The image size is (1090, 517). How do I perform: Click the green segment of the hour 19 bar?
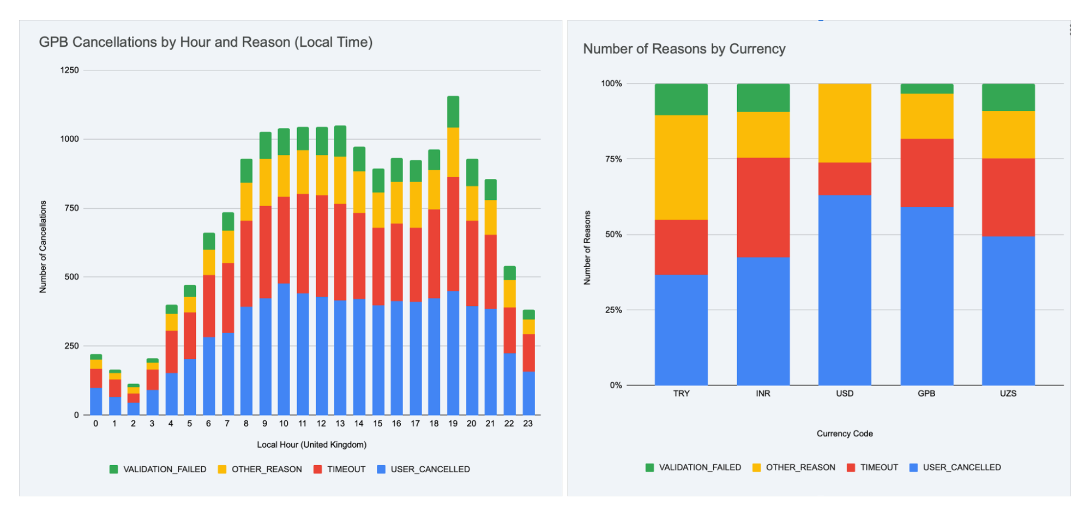point(453,112)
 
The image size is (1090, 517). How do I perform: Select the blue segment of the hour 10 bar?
point(284,349)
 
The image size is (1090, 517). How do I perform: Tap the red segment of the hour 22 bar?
point(509,330)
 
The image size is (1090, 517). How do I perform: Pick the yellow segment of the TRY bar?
point(681,167)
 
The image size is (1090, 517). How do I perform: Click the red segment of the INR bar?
point(763,207)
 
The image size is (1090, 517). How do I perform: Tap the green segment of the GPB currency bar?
point(926,88)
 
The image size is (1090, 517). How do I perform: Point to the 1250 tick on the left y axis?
point(69,70)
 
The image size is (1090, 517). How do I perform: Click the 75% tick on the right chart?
point(611,159)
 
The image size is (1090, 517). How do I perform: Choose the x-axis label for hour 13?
point(340,424)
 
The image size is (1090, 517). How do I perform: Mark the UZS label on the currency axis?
point(1008,394)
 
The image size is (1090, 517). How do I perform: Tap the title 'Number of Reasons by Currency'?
point(684,49)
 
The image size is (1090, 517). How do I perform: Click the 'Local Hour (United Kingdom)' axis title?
point(311,445)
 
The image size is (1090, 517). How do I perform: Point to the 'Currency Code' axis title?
point(844,434)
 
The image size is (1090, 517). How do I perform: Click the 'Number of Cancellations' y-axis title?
point(43,247)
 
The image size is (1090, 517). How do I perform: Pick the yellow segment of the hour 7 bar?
point(227,247)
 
